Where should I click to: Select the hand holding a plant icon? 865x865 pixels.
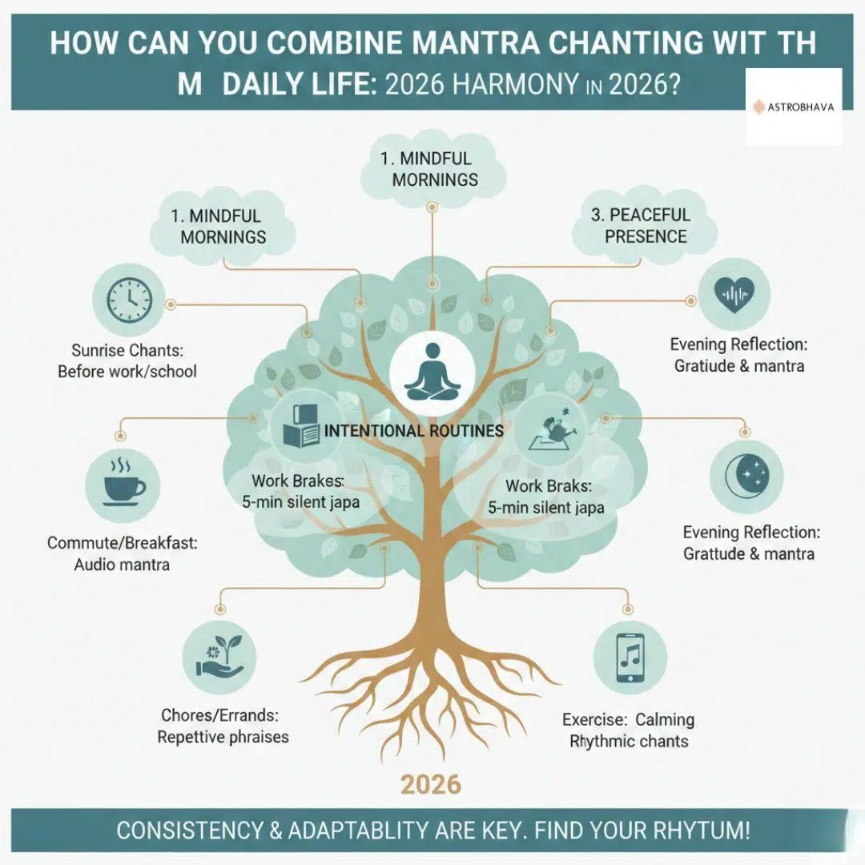pos(219,655)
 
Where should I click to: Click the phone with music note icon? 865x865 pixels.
pos(630,655)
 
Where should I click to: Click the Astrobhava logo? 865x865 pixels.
pos(794,107)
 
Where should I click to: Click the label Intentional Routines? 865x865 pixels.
pos(413,431)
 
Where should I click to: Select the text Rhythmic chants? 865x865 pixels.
pos(628,741)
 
